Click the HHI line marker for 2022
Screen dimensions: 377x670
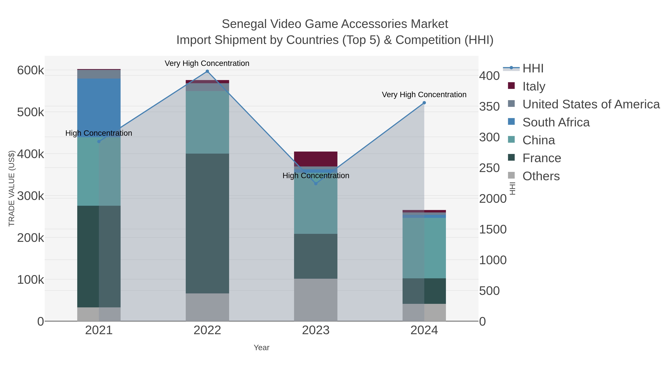point(207,71)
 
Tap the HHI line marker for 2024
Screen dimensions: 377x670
point(424,103)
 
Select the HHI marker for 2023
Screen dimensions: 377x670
point(316,184)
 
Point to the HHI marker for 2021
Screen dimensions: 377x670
point(99,141)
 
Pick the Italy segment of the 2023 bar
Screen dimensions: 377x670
point(316,159)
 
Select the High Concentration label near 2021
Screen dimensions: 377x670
point(99,133)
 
